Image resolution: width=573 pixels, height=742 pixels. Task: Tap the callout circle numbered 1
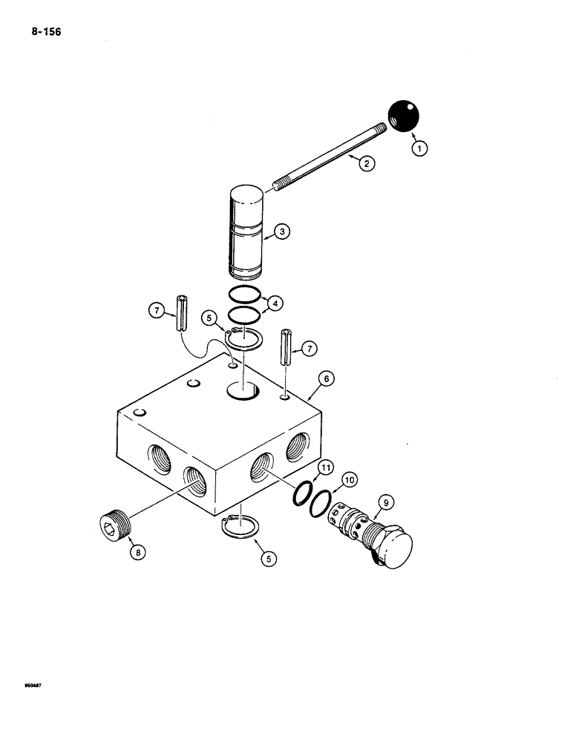click(x=420, y=148)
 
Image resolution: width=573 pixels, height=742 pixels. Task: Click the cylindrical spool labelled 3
click(x=246, y=230)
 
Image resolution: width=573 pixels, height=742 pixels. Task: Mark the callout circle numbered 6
click(x=324, y=378)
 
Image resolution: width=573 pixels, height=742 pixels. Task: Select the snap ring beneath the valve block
click(x=240, y=529)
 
